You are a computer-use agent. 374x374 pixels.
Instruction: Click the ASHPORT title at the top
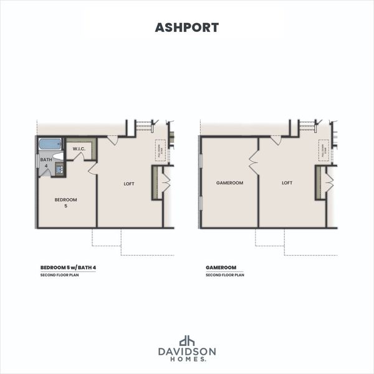[187, 27]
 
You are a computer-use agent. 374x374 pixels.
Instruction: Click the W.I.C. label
[79, 149]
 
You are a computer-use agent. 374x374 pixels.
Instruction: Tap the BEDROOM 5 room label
[65, 203]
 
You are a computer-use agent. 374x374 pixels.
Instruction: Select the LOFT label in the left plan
[129, 183]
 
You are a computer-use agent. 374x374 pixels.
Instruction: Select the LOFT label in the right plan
[287, 183]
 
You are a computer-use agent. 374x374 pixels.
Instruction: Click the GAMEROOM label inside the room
[229, 183]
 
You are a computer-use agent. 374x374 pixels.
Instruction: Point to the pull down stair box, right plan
[323, 151]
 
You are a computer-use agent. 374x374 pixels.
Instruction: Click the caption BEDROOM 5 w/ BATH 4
[64, 268]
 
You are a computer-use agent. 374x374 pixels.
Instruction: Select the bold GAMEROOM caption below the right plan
[219, 268]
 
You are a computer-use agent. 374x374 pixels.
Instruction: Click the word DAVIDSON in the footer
[187, 352]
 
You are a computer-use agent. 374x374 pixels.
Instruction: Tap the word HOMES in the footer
[186, 361]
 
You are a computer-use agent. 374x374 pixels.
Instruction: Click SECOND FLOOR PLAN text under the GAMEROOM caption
[225, 275]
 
